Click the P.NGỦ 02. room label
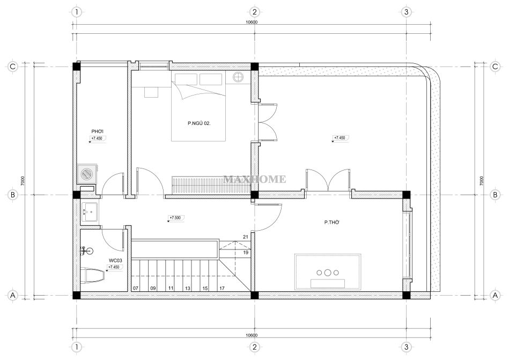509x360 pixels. coord(199,123)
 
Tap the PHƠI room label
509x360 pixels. coord(97,131)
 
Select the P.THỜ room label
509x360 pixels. coord(332,223)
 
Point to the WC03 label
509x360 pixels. coord(115,260)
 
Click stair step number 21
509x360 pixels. coord(246,237)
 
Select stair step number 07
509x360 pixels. coord(136,288)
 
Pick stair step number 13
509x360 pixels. coord(188,288)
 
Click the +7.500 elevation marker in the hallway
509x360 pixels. coord(175,218)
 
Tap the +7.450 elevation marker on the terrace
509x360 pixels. coord(340,138)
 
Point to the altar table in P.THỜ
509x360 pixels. coord(328,272)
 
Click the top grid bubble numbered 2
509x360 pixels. coord(254,12)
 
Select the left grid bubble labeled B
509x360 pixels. coord(13,195)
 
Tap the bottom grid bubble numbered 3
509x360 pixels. coord(406,347)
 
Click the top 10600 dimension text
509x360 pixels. coord(252,22)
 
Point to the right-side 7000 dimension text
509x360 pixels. coord(482,181)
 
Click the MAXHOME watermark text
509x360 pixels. coord(255,179)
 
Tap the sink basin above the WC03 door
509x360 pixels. coord(90,212)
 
